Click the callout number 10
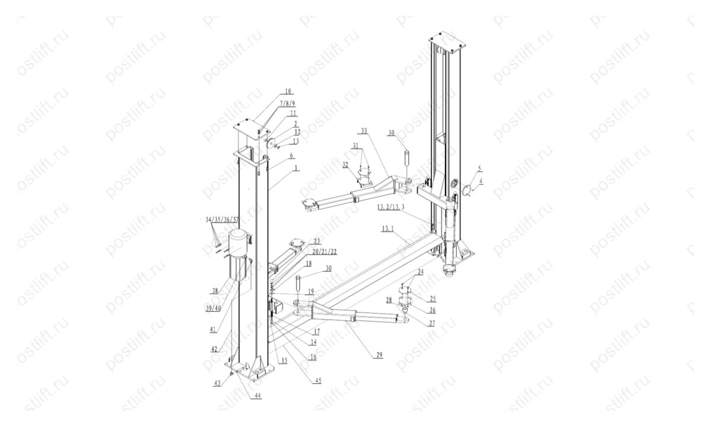click(x=288, y=91)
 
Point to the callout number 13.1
click(x=388, y=228)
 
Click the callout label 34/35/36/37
click(x=222, y=219)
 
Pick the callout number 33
click(x=364, y=130)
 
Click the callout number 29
click(x=378, y=355)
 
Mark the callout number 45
click(x=319, y=381)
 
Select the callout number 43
click(x=218, y=383)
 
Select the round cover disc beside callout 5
click(x=466, y=190)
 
